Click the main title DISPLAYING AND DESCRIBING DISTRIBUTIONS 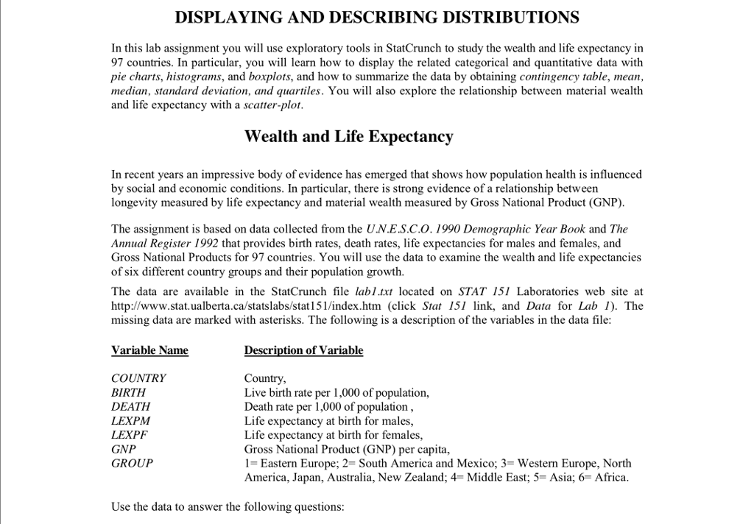coord(377,17)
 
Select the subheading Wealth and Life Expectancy coord(348,137)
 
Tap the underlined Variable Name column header coord(149,350)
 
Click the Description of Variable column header coord(303,350)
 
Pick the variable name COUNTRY coord(138,378)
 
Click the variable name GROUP coord(132,464)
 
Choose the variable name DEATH coord(130,407)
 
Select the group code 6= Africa coord(607,478)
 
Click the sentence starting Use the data coord(228,507)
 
